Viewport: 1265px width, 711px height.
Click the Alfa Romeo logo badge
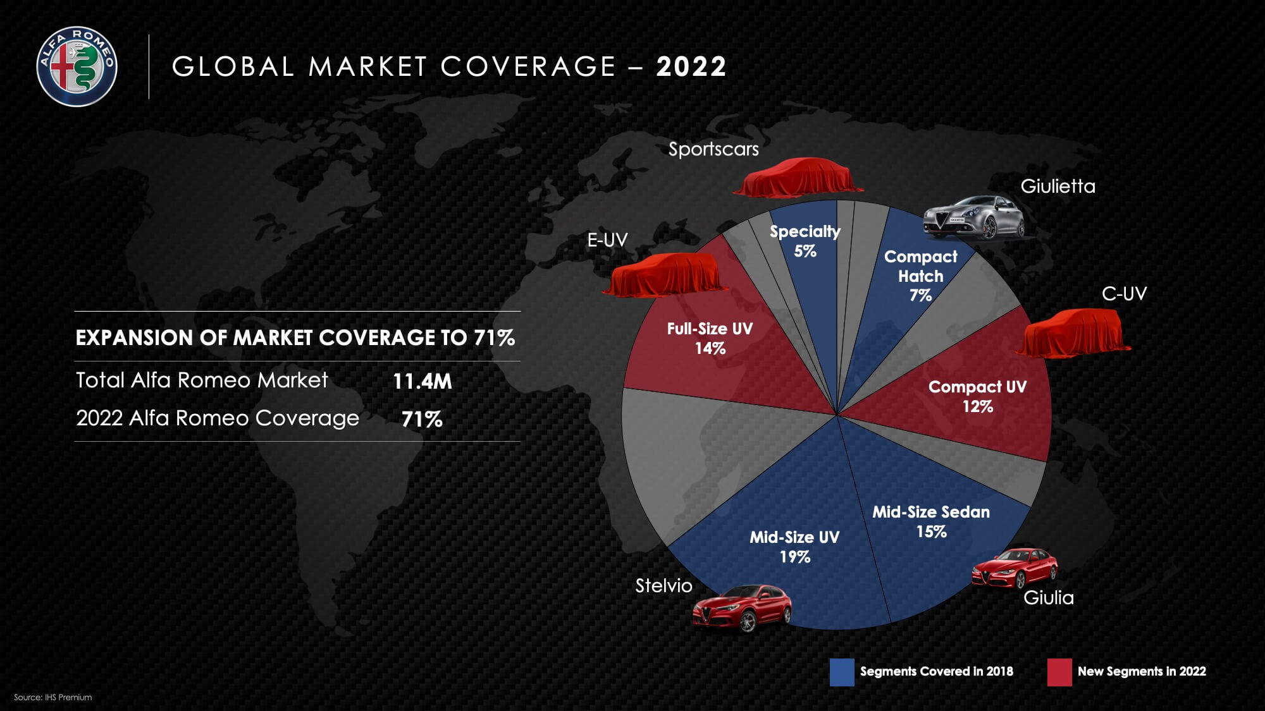pyautogui.click(x=77, y=66)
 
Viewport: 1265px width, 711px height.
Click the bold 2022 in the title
pyautogui.click(x=691, y=66)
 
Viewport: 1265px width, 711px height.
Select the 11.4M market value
pyautogui.click(x=422, y=381)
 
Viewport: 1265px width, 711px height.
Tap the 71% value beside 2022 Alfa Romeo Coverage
pyautogui.click(x=422, y=419)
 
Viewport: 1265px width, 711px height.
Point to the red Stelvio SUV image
pyautogui.click(x=742, y=608)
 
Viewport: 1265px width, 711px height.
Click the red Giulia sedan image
pyautogui.click(x=1015, y=568)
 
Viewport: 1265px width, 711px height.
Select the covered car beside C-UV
pyautogui.click(x=1073, y=333)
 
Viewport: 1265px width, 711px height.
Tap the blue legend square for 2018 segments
pyautogui.click(x=842, y=672)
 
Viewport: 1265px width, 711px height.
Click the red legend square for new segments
pyautogui.click(x=1059, y=672)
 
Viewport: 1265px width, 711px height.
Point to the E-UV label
pyautogui.click(x=607, y=240)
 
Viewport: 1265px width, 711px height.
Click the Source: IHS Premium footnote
pyautogui.click(x=53, y=697)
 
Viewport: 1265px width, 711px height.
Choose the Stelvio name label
pyautogui.click(x=663, y=586)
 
